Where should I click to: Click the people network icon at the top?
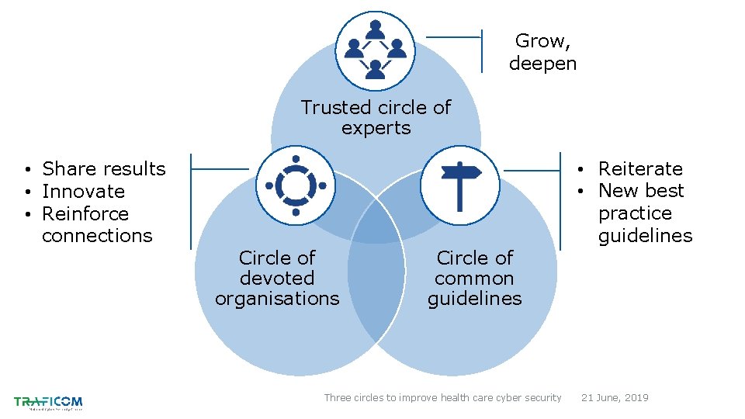click(x=376, y=51)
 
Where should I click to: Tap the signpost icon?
click(x=460, y=185)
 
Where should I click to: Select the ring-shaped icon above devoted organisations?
click(x=296, y=185)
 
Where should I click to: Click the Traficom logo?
click(x=48, y=402)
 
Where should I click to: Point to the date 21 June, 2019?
click(x=615, y=398)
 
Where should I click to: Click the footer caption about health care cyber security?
click(x=442, y=398)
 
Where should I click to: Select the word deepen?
click(x=542, y=64)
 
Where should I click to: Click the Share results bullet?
click(x=103, y=169)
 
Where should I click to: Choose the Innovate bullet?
click(x=83, y=192)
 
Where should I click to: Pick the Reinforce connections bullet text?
click(x=97, y=224)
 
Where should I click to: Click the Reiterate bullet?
click(x=640, y=169)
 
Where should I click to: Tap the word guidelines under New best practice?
click(x=645, y=235)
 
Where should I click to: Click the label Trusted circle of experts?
click(x=376, y=117)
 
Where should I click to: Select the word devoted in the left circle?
click(x=277, y=278)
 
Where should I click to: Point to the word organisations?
click(x=277, y=299)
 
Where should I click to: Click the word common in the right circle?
click(x=474, y=278)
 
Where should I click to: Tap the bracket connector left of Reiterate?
click(x=535, y=168)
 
